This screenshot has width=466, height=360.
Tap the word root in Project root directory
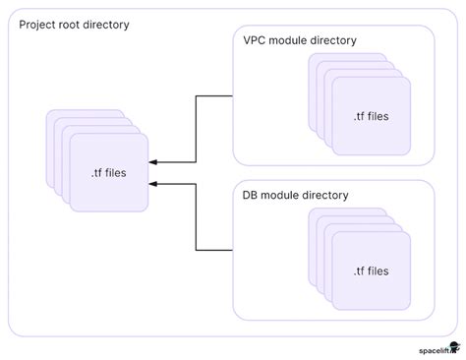(x=78, y=24)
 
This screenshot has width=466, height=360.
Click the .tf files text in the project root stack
(x=107, y=173)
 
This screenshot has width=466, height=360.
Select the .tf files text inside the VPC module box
(x=371, y=116)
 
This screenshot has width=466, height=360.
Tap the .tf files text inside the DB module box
(x=371, y=270)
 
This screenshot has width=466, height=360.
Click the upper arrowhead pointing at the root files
(x=154, y=161)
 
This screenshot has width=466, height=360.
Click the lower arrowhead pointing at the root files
(x=154, y=183)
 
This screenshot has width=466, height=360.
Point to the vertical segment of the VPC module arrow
(x=197, y=129)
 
